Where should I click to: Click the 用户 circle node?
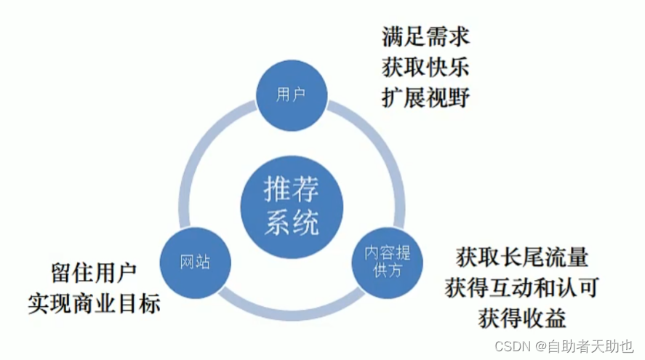[x=291, y=95]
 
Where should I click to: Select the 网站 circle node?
[x=194, y=261]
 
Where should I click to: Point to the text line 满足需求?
[x=425, y=36]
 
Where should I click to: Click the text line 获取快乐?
[x=425, y=67]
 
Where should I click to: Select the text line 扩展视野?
[x=425, y=97]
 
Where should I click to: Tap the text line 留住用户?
[x=94, y=273]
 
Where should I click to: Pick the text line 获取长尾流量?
[x=522, y=257]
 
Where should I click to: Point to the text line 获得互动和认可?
[x=522, y=287]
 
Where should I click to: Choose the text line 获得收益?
[x=522, y=318]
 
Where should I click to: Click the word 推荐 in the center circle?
[x=291, y=190]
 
